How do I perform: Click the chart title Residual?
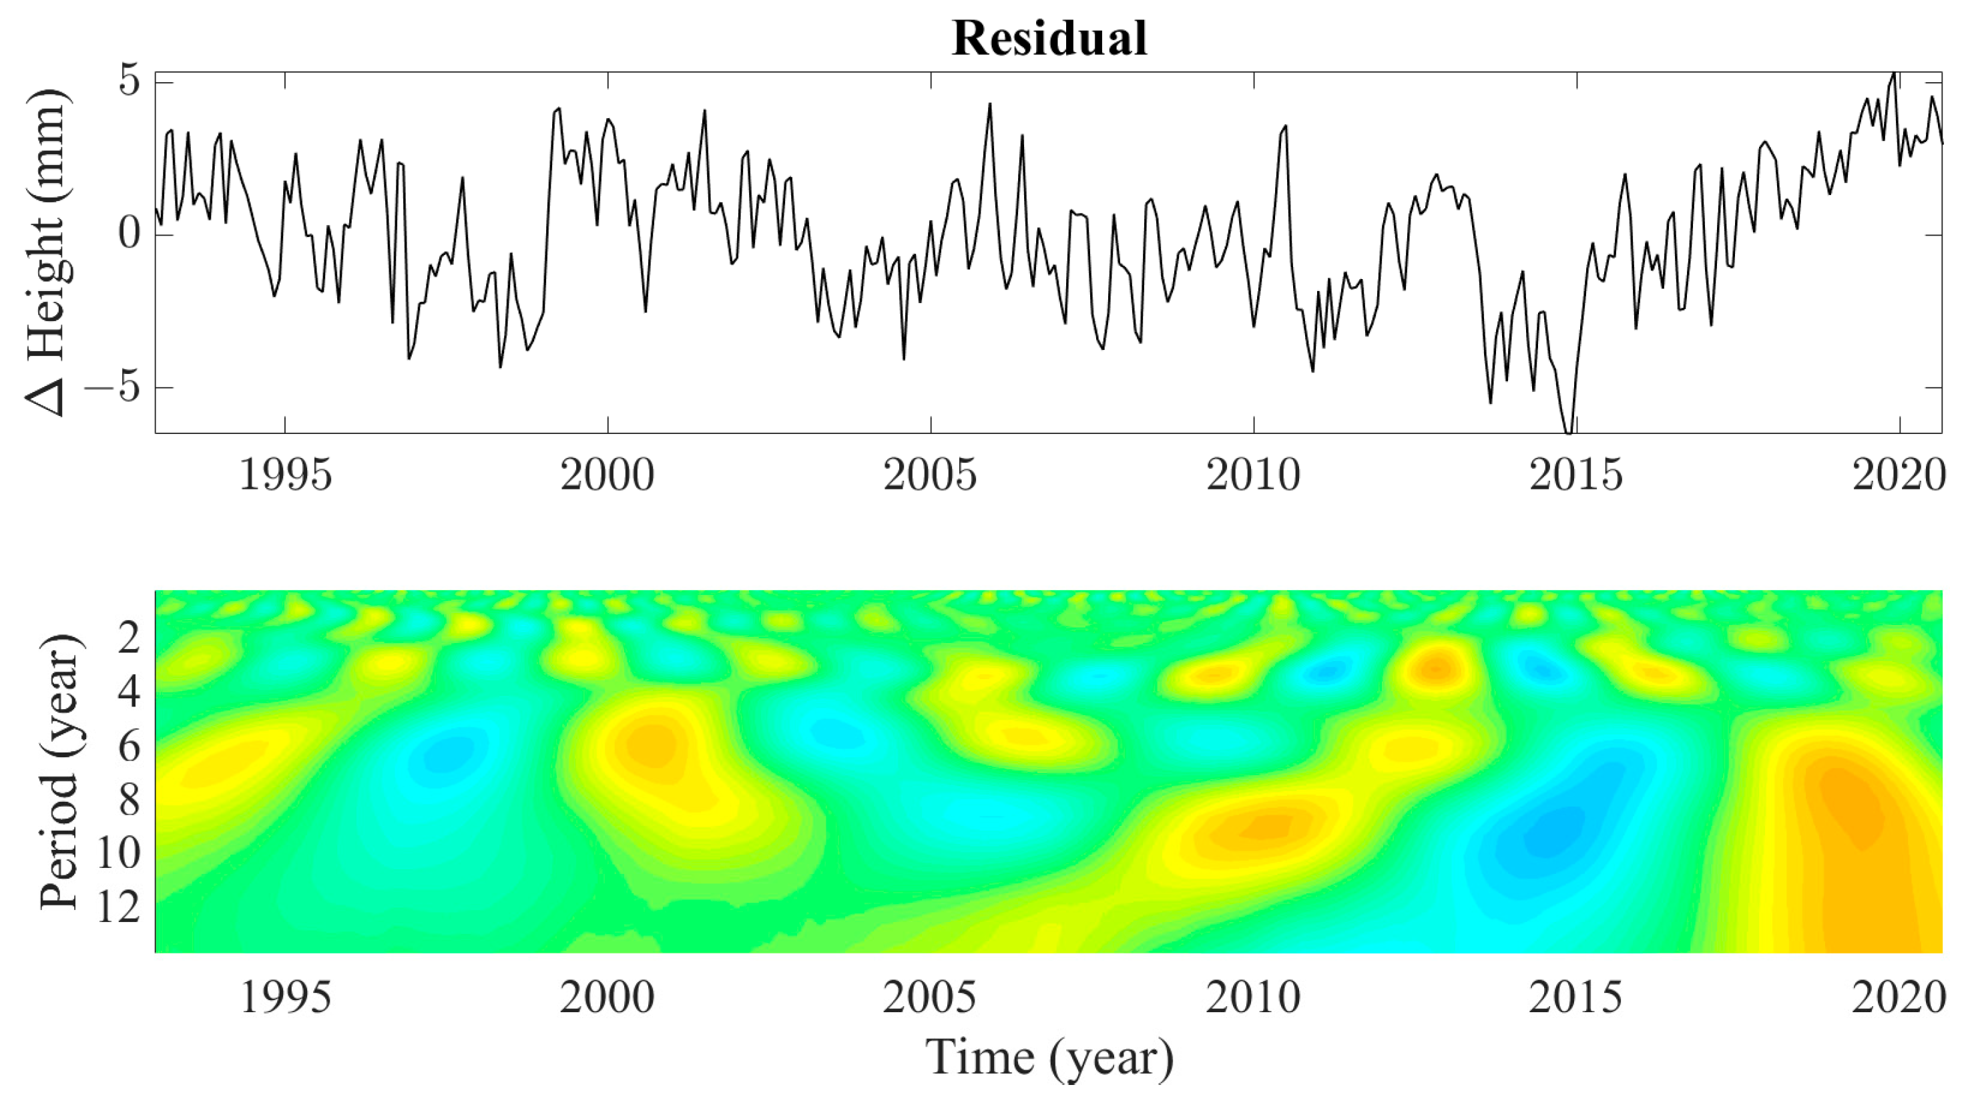[x=1049, y=39]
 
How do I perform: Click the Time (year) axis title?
[x=1049, y=1058]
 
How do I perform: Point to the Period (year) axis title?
[x=60, y=772]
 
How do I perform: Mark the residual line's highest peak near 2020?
[x=1894, y=74]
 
